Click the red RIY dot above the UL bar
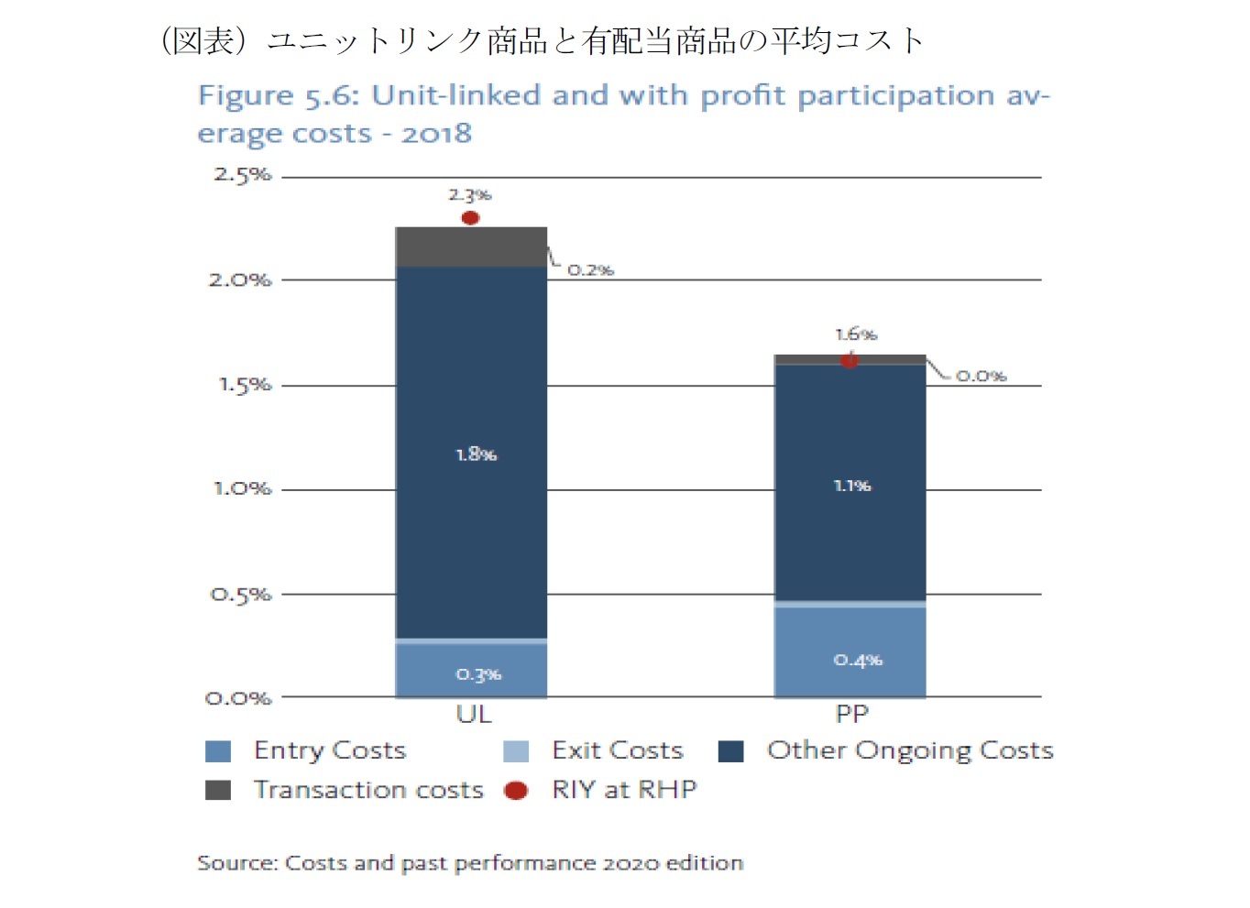coord(470,218)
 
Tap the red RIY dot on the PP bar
coord(850,360)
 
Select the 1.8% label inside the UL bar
coord(476,454)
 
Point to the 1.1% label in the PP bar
coord(852,486)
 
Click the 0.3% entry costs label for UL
coord(478,674)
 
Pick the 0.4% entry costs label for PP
coord(858,660)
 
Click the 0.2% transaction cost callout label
coord(590,270)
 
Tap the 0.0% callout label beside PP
coord(981,376)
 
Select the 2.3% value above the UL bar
coord(470,195)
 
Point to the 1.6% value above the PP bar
coord(856,334)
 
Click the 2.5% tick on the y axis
coord(243,174)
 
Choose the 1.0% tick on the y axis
coord(243,488)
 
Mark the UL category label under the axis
coord(474,714)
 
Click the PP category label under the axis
coord(852,714)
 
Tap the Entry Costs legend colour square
coord(218,751)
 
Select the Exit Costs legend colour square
coord(516,751)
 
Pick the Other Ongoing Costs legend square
coord(730,751)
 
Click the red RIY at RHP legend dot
coord(516,790)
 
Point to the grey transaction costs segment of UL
coord(471,247)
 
